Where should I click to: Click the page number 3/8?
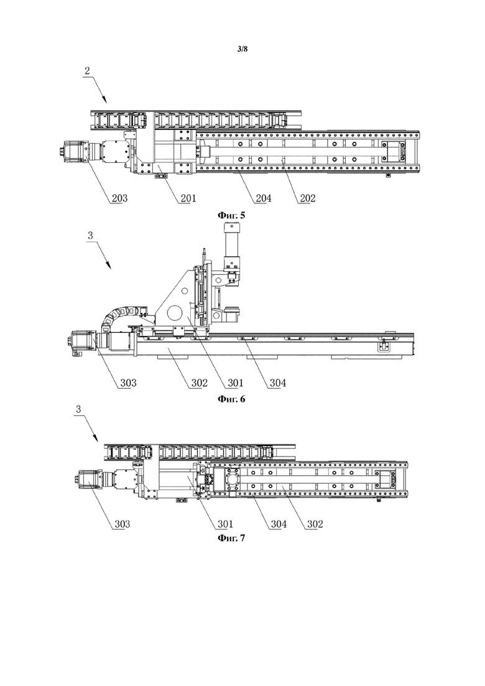pyautogui.click(x=242, y=49)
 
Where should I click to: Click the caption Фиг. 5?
pyautogui.click(x=231, y=215)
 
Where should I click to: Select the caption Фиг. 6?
pyautogui.click(x=231, y=399)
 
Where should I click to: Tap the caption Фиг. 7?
pyautogui.click(x=231, y=538)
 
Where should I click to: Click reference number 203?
pyautogui.click(x=119, y=198)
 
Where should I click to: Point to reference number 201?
pyautogui.click(x=188, y=198)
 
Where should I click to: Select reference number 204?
pyautogui.click(x=263, y=198)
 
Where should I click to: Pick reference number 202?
pyautogui.click(x=307, y=198)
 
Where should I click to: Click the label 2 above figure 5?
pyautogui.click(x=88, y=71)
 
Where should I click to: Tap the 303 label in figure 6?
pyautogui.click(x=128, y=383)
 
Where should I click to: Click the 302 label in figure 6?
pyautogui.click(x=200, y=383)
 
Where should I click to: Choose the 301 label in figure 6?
pyautogui.click(x=235, y=383)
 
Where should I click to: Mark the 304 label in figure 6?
pyautogui.click(x=278, y=383)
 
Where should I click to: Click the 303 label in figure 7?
pyautogui.click(x=122, y=524)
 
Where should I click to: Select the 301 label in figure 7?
pyautogui.click(x=226, y=524)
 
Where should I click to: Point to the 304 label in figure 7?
pyautogui.click(x=279, y=524)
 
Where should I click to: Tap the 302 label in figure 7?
pyautogui.click(x=315, y=524)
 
